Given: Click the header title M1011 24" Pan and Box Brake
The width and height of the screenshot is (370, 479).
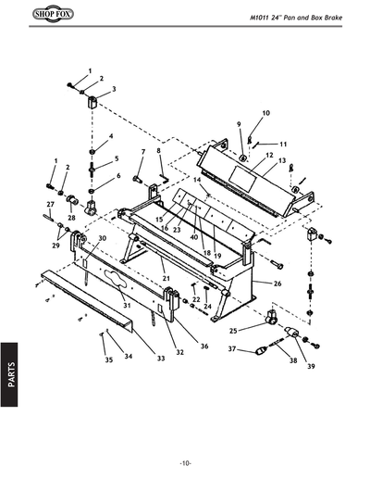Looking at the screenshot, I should click(302, 19).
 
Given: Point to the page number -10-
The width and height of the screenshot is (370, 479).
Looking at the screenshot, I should click(185, 462).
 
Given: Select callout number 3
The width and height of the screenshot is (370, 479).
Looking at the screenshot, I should click(113, 89).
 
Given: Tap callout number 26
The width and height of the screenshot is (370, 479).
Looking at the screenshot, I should click(277, 283).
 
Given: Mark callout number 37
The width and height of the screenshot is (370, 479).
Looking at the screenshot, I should click(233, 349).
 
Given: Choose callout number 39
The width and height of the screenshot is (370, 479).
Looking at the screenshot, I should click(312, 367).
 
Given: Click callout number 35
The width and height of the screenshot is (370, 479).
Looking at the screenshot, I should click(107, 359).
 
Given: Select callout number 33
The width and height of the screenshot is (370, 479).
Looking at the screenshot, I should click(160, 358).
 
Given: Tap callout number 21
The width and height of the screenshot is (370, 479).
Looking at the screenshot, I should click(165, 278).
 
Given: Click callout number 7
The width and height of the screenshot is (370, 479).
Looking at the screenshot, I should click(143, 150).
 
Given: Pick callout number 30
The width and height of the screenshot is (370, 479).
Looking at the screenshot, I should click(103, 238).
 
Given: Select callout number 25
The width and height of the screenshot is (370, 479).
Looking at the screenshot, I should click(233, 330).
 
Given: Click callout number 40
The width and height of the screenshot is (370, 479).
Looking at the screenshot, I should click(193, 236).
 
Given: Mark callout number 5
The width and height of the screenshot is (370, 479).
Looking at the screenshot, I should click(117, 158).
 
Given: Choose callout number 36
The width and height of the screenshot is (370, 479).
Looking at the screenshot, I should click(203, 346).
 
